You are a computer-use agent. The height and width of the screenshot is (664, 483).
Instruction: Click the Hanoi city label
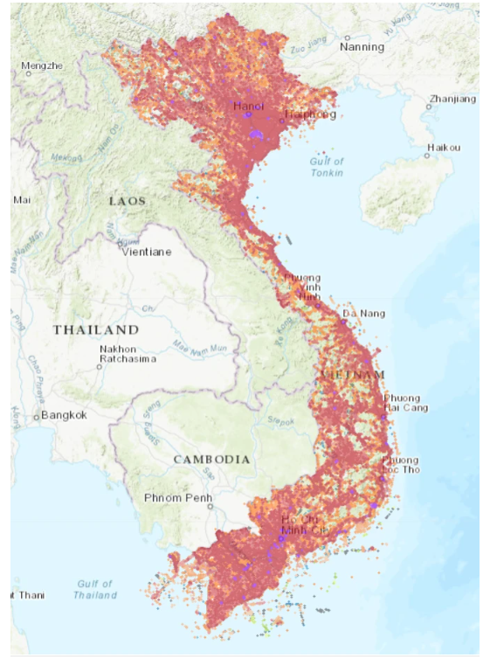click(249, 106)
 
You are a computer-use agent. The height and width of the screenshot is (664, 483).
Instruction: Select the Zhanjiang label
click(452, 99)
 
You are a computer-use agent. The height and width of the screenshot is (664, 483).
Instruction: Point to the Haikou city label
click(443, 148)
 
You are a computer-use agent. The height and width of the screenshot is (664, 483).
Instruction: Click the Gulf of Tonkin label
click(327, 167)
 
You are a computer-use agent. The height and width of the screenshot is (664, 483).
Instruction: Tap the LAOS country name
click(128, 201)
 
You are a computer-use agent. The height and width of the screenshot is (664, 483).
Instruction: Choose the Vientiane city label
click(147, 252)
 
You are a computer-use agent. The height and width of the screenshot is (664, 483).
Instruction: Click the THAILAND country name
click(96, 329)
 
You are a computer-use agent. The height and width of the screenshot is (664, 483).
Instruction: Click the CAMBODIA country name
click(211, 459)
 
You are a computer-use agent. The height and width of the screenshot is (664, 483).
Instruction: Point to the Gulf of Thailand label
click(94, 589)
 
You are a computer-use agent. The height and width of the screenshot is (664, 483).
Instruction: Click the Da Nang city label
click(363, 313)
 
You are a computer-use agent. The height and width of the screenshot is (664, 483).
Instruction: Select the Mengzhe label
click(42, 66)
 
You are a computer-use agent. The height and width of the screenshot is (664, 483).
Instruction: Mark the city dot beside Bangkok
click(36, 417)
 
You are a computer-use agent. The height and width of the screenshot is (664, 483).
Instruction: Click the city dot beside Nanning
click(347, 38)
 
